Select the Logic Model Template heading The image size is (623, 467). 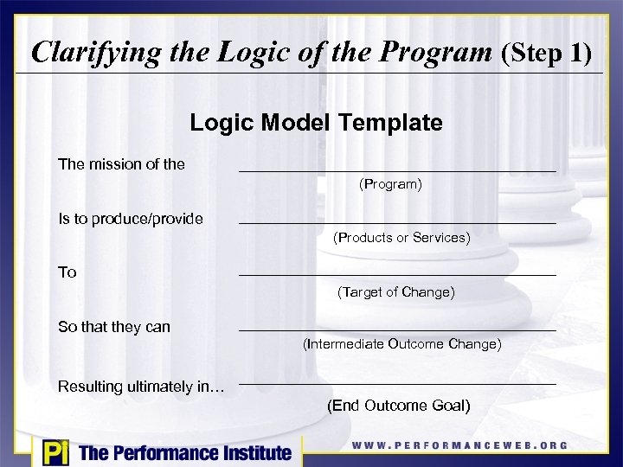click(x=316, y=123)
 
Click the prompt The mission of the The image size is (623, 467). click(x=121, y=163)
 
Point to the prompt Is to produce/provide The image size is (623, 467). click(x=131, y=219)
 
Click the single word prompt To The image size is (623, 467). click(x=67, y=272)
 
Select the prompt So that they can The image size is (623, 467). click(x=114, y=327)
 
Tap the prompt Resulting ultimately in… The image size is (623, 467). click(x=141, y=386)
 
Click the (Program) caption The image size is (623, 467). click(x=390, y=184)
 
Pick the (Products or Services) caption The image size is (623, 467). click(x=401, y=237)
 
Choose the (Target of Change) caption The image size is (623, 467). click(x=395, y=292)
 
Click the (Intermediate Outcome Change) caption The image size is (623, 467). click(x=401, y=344)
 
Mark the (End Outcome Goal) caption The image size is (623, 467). click(x=399, y=406)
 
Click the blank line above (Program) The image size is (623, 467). click(x=397, y=171)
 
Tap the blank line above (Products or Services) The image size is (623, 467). click(x=397, y=224)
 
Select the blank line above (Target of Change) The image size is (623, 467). click(x=397, y=276)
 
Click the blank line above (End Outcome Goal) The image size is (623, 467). click(x=397, y=384)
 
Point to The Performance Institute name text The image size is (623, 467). click(x=185, y=452)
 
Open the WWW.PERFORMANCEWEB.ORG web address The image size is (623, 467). click(x=459, y=445)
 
